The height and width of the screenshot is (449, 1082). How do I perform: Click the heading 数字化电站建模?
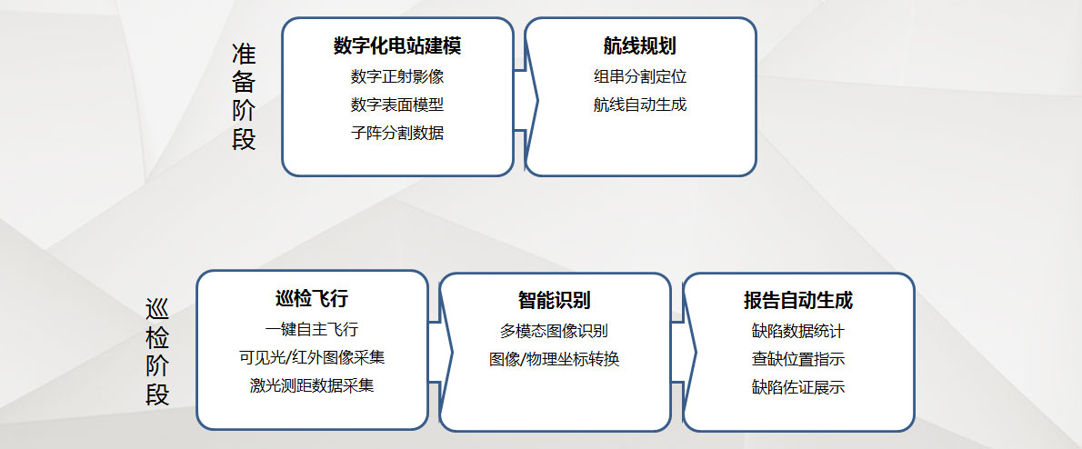(x=397, y=46)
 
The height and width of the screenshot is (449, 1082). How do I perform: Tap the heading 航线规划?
(x=640, y=46)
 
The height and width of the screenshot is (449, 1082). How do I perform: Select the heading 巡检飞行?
(x=312, y=299)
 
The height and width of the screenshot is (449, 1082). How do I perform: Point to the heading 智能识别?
(x=554, y=300)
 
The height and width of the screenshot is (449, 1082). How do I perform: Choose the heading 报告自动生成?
(x=798, y=301)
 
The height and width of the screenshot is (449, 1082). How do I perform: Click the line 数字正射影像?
(x=397, y=76)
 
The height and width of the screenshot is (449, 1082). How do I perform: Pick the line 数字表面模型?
(x=397, y=105)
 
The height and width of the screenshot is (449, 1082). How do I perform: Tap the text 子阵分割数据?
(x=397, y=133)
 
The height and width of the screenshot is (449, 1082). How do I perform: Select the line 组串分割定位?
(x=640, y=76)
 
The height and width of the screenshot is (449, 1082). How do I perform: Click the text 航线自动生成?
(x=640, y=105)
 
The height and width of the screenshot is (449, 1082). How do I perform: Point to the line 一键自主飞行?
(x=312, y=329)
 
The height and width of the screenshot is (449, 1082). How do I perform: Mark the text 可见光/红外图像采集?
(x=312, y=357)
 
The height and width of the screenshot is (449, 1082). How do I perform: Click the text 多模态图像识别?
(x=554, y=331)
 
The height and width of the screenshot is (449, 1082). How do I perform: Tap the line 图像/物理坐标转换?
(x=554, y=359)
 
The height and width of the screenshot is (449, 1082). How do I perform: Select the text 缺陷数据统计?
(x=798, y=331)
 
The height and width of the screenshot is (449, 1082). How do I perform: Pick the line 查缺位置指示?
(x=798, y=359)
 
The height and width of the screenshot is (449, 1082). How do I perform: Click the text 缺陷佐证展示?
(x=798, y=387)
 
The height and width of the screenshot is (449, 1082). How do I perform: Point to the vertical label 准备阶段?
(x=244, y=95)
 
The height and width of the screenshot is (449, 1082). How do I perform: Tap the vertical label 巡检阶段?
(x=158, y=352)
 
